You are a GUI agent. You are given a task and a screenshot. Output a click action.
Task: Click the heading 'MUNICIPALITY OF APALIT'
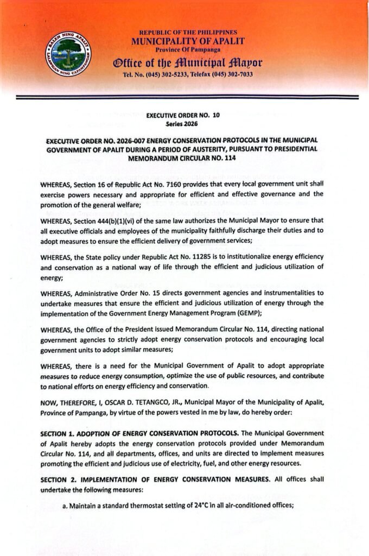coord(188,41)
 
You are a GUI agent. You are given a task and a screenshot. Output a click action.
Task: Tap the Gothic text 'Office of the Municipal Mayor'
coord(188,62)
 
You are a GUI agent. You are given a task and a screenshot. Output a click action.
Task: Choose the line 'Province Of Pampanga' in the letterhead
coord(188,50)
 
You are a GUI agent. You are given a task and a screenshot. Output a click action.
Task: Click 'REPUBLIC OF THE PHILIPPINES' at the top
coord(188,33)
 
